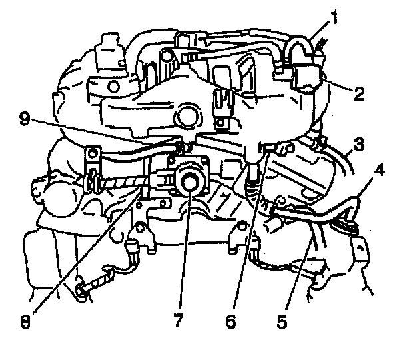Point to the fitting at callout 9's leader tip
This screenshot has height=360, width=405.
pos(179,141)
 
